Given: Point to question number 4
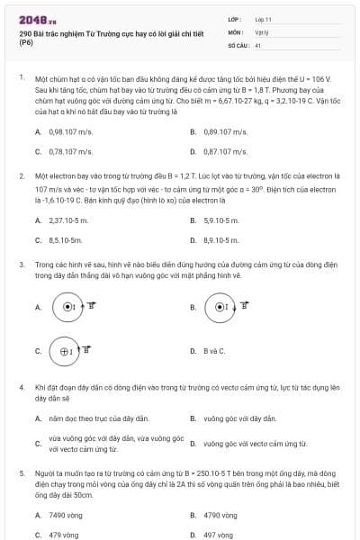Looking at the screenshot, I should pos(21,386).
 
